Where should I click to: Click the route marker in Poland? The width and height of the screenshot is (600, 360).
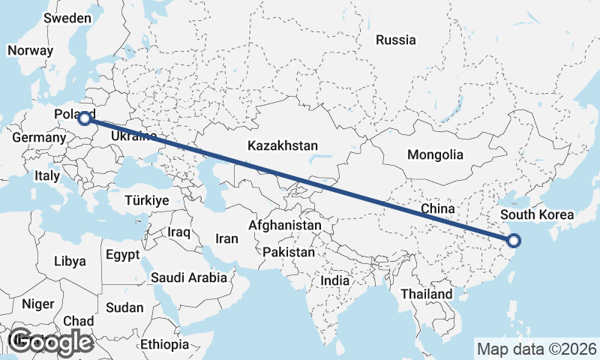(85, 117)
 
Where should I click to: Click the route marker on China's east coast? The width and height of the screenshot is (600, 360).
(514, 241)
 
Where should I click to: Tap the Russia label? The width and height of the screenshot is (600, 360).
(395, 40)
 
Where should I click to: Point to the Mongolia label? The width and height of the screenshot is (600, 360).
(435, 155)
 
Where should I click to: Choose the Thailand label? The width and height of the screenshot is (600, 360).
(427, 294)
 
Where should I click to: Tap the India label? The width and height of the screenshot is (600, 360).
(334, 280)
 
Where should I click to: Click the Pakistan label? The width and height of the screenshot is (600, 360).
(289, 252)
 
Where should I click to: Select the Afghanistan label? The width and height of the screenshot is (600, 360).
(285, 225)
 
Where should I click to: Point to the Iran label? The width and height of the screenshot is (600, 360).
(226, 238)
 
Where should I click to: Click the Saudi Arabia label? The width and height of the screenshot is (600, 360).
(189, 277)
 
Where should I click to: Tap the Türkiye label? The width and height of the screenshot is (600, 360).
(146, 200)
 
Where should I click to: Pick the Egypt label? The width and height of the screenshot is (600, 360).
(122, 254)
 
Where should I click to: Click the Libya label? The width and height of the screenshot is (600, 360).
(70, 261)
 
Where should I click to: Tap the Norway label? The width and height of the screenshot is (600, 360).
(30, 50)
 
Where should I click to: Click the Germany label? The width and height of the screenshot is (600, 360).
(39, 138)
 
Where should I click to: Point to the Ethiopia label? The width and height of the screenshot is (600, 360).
(164, 344)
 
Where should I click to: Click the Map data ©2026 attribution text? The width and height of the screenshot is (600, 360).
(537, 349)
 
